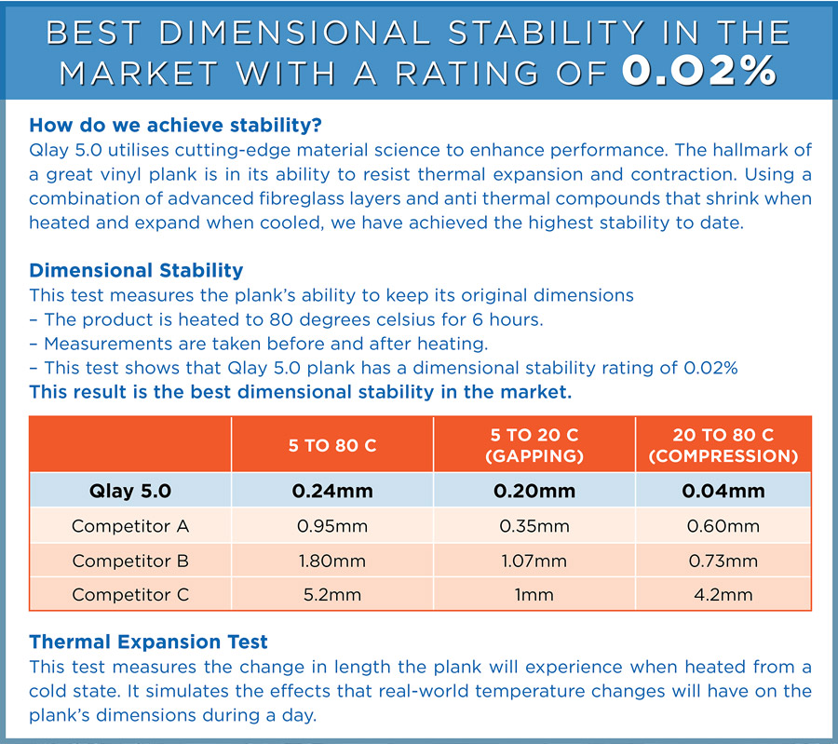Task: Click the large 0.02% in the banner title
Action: [699, 71]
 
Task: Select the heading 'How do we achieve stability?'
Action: [175, 125]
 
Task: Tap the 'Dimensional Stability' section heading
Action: [136, 270]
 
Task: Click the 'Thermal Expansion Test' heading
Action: [148, 642]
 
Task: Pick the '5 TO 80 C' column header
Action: [332, 445]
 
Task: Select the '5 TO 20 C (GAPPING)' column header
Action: [534, 445]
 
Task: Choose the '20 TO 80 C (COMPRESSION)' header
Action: [723, 445]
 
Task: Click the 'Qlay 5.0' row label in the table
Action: [130, 491]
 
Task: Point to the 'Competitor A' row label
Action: [130, 526]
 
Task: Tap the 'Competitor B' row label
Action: [130, 561]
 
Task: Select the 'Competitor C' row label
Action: [130, 594]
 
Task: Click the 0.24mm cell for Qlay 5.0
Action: [332, 491]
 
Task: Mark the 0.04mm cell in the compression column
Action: [723, 491]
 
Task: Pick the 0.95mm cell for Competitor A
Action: [332, 526]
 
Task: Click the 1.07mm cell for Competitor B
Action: [534, 561]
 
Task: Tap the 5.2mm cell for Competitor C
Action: [332, 594]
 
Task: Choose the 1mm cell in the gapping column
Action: [534, 594]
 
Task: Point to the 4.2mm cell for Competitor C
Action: [723, 594]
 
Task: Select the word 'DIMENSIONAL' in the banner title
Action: [294, 33]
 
